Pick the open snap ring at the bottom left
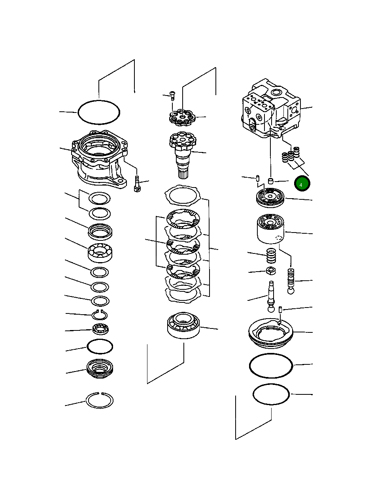(100, 400)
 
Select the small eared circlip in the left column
(100, 315)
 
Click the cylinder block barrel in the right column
(271, 229)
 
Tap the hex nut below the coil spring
(271, 271)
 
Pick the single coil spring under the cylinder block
(271, 256)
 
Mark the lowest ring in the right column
(271, 394)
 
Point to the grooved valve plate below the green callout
(270, 197)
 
